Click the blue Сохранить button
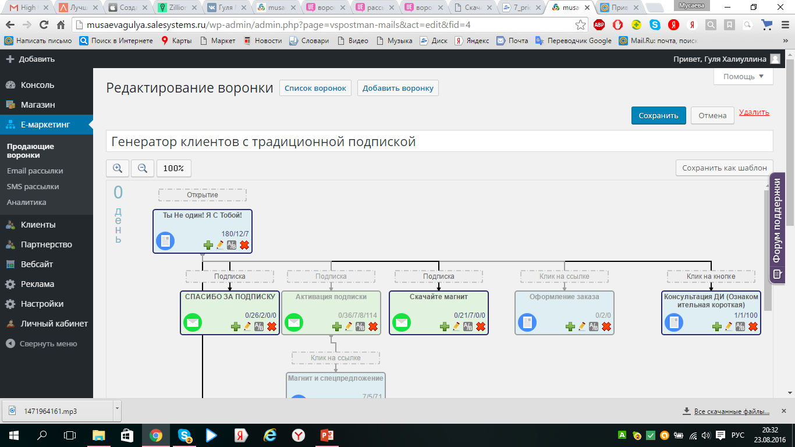[x=658, y=115]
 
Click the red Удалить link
[x=754, y=112]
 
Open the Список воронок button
[x=315, y=88]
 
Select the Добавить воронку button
[x=397, y=88]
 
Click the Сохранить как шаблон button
[x=725, y=168]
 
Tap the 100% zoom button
[x=173, y=168]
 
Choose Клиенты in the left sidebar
[x=38, y=225]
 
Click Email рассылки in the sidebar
[x=35, y=171]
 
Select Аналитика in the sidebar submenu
[x=26, y=203]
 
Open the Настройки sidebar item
[x=42, y=304]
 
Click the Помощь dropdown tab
[x=743, y=76]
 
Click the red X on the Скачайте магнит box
[x=481, y=327]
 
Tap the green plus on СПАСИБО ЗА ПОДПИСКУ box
[x=236, y=327]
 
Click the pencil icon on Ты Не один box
[x=220, y=245]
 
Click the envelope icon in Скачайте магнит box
[x=402, y=322]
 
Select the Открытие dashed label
[x=202, y=195]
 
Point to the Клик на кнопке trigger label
[x=711, y=276]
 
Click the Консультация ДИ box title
[x=711, y=301]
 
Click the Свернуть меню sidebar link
[x=48, y=343]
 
